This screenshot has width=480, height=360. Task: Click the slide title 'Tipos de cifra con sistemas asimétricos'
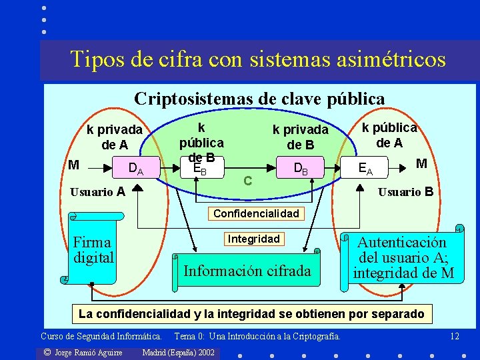[x=258, y=59]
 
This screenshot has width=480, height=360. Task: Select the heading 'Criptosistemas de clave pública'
[x=259, y=99]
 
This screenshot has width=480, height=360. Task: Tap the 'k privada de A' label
[x=115, y=137]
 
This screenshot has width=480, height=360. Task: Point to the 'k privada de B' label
[x=300, y=137]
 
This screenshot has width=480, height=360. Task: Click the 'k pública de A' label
[x=389, y=135]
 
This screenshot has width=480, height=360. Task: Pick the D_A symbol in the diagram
[x=135, y=169]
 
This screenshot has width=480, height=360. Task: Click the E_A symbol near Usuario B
[x=365, y=169]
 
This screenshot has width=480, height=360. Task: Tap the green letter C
[x=247, y=180]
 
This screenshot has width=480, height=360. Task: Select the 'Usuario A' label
[x=97, y=193]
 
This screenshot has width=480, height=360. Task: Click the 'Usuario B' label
[x=405, y=192]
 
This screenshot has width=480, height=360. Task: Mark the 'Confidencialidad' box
[x=257, y=214]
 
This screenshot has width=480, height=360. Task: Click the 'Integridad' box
[x=254, y=239]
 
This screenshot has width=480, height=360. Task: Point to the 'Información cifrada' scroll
[x=247, y=271]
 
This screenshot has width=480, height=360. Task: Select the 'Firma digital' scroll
[x=93, y=249]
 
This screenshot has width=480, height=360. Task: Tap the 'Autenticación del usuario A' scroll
[x=403, y=258]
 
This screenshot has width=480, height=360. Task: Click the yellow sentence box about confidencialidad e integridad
[x=251, y=313]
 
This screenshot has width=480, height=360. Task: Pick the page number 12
[x=455, y=336]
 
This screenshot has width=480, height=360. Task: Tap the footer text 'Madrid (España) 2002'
[x=179, y=352]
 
